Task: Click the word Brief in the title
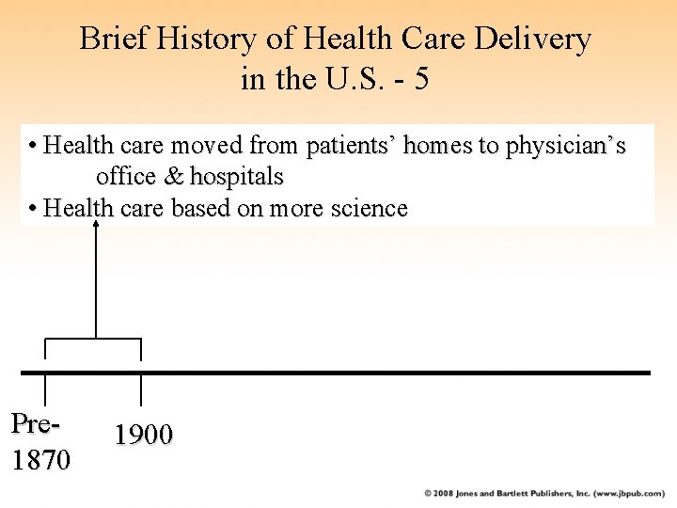pos(104,40)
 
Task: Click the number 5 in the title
pos(421,79)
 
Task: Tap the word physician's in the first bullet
pos(565,147)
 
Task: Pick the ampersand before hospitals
pos(175,177)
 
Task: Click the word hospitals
pos(236,177)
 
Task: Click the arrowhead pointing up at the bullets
pos(96,228)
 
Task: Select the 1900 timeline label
pos(144,435)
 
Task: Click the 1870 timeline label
pos(40,460)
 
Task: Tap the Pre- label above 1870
pos(37,424)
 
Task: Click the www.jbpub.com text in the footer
pos(620,493)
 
